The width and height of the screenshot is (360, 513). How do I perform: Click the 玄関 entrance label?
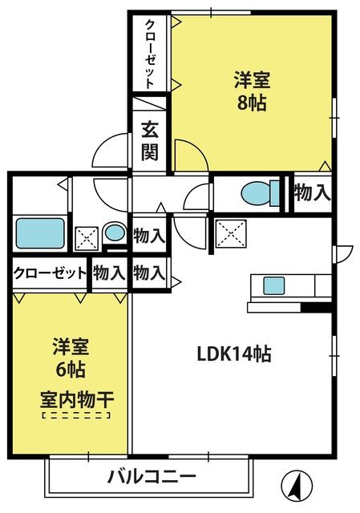coord(150,141)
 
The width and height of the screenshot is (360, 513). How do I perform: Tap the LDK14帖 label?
coord(234,354)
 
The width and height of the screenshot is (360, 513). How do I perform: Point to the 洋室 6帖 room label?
coord(71,357)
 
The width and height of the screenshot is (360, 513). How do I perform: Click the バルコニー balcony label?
coord(152,477)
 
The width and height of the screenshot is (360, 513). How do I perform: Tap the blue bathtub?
coord(40,233)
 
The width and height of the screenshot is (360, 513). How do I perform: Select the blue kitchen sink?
coord(274,285)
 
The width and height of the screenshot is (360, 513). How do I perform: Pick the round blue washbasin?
coord(115,233)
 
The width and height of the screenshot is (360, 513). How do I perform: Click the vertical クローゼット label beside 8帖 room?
coord(150,54)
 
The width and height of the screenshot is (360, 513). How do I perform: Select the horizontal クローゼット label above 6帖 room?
coord(50,273)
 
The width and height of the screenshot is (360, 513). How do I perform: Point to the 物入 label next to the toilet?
coord(312,193)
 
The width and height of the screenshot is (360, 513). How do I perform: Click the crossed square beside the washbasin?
coord(87,238)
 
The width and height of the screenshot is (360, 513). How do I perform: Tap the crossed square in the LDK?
coord(231,233)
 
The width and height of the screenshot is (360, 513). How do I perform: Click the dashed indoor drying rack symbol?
coord(76,415)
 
